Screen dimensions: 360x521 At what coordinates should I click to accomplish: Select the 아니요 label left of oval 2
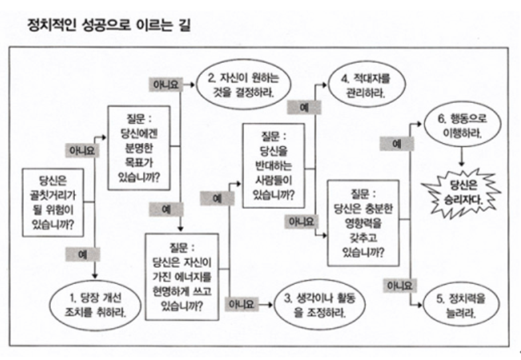164,84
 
